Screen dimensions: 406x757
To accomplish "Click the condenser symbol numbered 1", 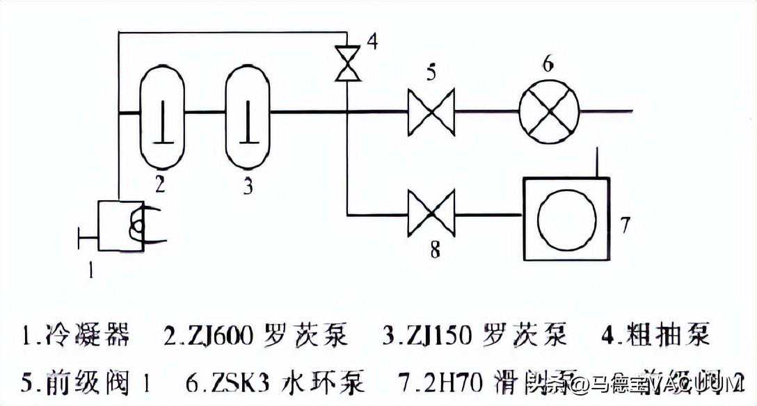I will pyautogui.click(x=121, y=225).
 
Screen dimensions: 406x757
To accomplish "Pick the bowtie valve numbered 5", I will pyautogui.click(x=431, y=111).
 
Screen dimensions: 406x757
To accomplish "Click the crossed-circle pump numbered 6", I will pyautogui.click(x=549, y=111).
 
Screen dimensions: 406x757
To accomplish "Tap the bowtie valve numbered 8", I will pyautogui.click(x=431, y=215).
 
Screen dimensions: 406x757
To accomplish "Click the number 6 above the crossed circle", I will pyautogui.click(x=548, y=65).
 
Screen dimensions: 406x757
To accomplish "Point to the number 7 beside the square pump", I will pyautogui.click(x=625, y=225).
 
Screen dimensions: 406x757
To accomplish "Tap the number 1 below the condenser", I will pyautogui.click(x=90, y=270).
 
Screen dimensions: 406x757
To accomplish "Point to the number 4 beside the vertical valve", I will pyautogui.click(x=372, y=42).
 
